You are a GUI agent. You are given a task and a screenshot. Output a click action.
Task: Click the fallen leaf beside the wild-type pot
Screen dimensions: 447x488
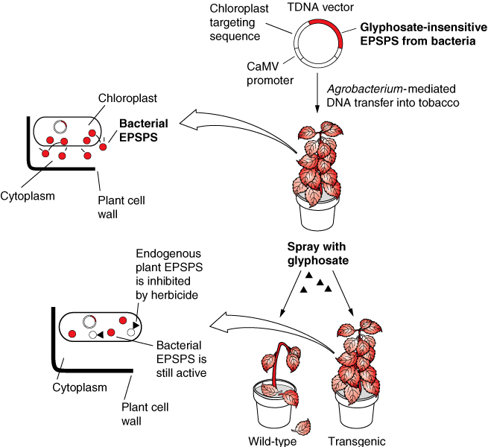point(303,426)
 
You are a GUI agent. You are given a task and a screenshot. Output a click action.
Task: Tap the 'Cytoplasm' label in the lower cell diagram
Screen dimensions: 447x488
point(80,387)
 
